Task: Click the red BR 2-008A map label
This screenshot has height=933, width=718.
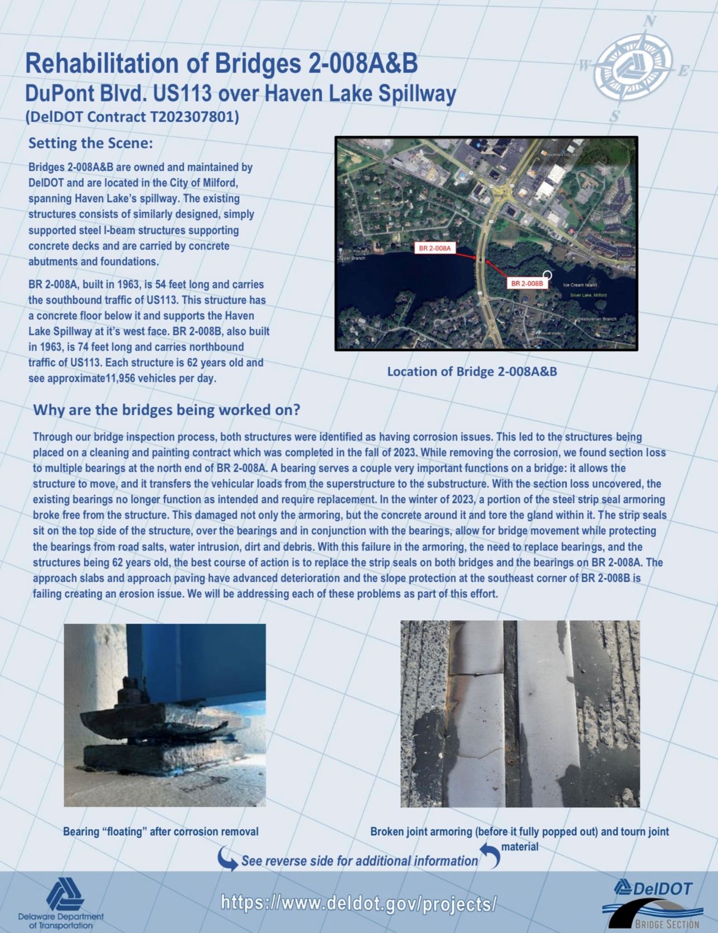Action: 435,248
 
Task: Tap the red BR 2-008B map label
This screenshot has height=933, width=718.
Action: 527,283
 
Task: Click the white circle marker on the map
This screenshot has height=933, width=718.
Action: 547,275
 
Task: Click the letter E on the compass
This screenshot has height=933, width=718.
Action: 683,71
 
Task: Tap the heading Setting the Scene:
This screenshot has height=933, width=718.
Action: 90,143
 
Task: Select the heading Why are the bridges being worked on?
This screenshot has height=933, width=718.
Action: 166,410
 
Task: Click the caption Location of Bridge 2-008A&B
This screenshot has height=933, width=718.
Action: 472,371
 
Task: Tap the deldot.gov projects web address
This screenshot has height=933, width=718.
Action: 358,903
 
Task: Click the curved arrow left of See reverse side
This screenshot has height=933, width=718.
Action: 227,859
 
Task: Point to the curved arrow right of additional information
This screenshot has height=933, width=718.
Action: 491,855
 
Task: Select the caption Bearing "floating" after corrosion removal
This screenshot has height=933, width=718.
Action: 161,831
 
